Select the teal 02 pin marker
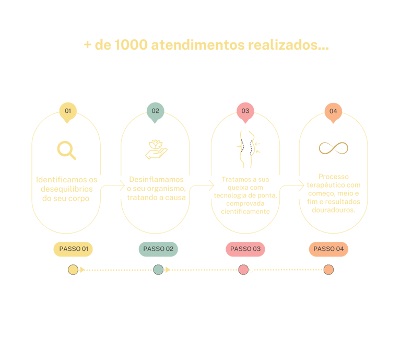155,111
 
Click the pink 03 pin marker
245,111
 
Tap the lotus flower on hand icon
156,149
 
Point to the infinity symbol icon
333,148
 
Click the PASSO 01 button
73,249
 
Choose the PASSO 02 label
158,249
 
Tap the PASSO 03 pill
245,249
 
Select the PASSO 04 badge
328,249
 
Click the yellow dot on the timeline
73,270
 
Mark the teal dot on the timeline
158,270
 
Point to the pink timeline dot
243,270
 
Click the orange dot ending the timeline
328,270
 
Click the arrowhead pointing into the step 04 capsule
302,183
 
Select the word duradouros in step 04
333,210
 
